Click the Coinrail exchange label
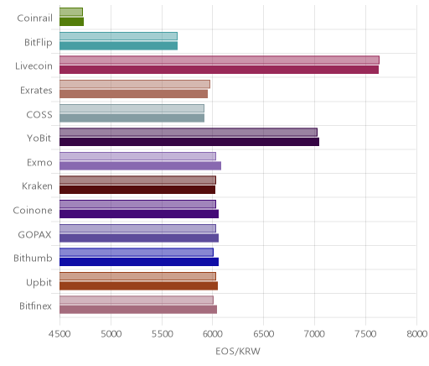coord(34,18)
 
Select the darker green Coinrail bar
coord(71,22)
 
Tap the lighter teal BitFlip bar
coord(118,36)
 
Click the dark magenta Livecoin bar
coord(219,70)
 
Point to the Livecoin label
coord(34,66)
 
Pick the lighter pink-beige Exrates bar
coord(135,84)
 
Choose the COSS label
coord(39,114)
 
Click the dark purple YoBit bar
coord(189,142)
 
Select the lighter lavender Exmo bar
coord(137,156)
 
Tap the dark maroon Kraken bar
coord(137,190)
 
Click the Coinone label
coord(33,210)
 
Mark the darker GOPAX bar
coord(139,238)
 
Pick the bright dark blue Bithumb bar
coord(139,262)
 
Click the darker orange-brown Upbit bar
coord(138,286)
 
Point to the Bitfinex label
coord(36,306)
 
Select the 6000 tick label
coord(212,333)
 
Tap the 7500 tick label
coord(365,333)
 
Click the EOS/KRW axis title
coord(238,351)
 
